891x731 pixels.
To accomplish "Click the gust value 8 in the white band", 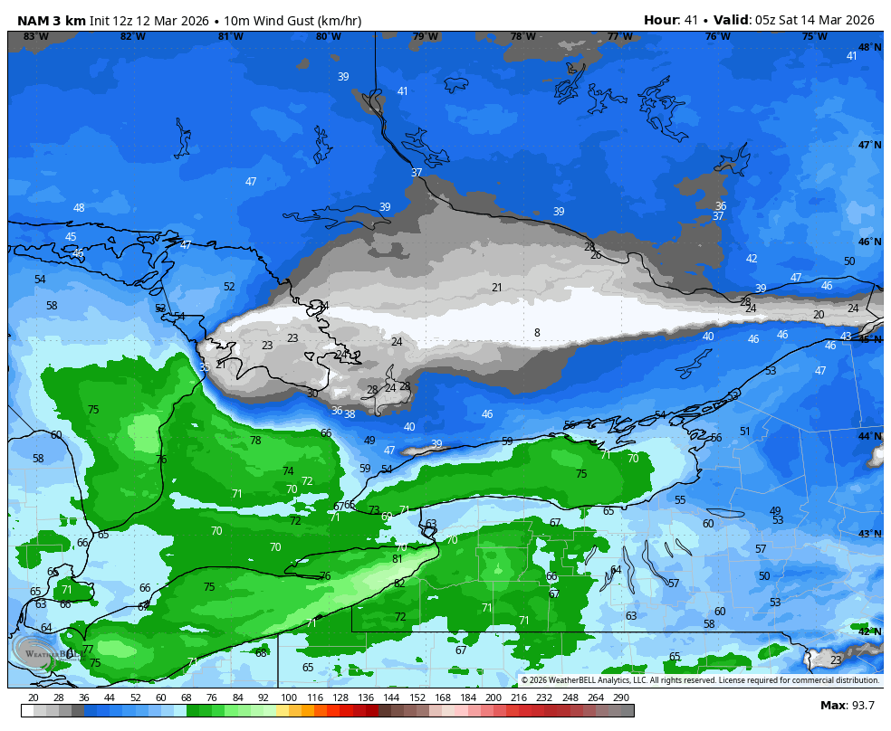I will (537, 333).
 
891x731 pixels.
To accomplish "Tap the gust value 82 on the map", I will (399, 584).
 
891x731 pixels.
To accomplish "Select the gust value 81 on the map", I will (397, 559).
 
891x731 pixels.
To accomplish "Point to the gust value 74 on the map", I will (288, 471).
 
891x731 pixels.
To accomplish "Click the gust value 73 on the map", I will (374, 510).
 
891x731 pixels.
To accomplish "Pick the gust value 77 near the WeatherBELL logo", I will (87, 650).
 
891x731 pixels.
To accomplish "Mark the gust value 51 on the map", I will (745, 432).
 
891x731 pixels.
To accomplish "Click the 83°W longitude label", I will (36, 37).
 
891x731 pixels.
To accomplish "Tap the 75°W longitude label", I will (814, 37).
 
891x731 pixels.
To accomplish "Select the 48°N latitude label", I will (869, 47).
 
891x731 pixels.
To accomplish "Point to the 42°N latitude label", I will (869, 631).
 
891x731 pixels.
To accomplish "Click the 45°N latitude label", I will (869, 339).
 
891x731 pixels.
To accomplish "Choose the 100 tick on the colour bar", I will (289, 698).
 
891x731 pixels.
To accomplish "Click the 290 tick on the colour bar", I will (620, 698).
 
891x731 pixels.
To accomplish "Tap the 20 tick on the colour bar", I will (34, 698).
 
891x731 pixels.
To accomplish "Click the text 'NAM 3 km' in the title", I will (52, 20).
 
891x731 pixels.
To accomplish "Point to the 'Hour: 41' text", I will (673, 20).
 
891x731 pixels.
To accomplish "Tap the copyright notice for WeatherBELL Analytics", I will (700, 680).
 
